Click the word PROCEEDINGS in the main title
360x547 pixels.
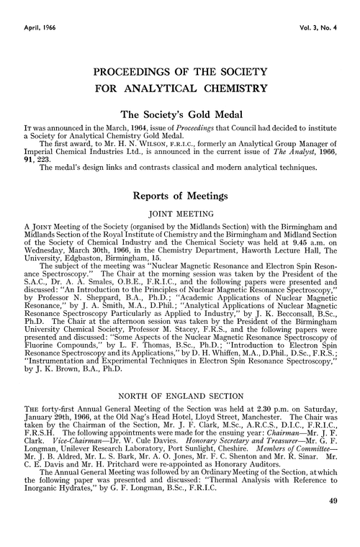coord(127,73)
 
